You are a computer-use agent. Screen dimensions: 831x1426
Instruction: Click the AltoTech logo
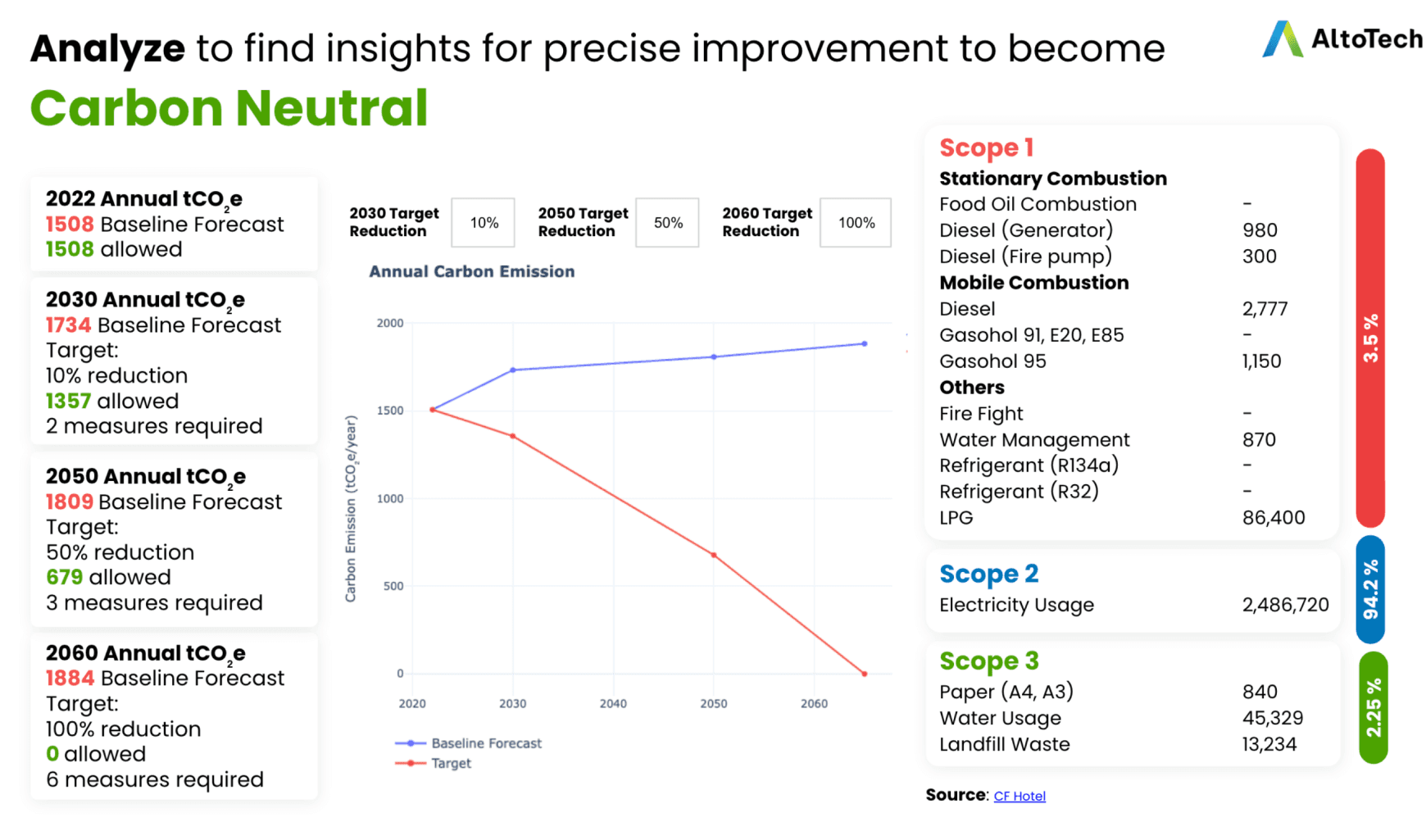[x=1342, y=39]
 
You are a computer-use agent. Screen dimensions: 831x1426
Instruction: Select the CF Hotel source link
[x=1019, y=796]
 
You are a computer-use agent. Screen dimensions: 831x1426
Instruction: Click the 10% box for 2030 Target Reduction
[x=484, y=223]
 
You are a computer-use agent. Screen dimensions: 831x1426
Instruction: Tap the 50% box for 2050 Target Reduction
[x=668, y=223]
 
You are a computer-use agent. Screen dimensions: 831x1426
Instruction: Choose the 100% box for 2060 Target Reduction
[x=856, y=223]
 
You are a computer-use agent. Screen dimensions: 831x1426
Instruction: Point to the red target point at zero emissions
[x=865, y=674]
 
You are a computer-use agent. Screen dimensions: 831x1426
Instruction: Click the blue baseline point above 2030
[x=513, y=370]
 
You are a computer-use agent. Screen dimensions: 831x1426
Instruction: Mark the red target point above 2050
[x=714, y=556]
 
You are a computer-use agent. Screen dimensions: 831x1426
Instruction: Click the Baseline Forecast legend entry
[x=485, y=743]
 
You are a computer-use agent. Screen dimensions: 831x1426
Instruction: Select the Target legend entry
[x=450, y=763]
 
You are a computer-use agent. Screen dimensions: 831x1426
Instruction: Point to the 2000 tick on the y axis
[x=390, y=323]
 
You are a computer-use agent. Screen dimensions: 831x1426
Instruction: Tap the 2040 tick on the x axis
[x=613, y=703]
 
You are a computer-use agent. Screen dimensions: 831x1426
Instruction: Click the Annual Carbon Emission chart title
[x=471, y=271]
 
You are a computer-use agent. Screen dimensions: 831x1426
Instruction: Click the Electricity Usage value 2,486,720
[x=1285, y=605]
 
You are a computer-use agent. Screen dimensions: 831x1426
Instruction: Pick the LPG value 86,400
[x=1273, y=517]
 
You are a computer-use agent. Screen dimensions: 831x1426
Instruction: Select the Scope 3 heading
[x=988, y=661]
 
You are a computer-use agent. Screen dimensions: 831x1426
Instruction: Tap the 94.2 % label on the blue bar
[x=1370, y=589]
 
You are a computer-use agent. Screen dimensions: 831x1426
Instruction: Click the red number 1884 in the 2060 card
[x=70, y=678]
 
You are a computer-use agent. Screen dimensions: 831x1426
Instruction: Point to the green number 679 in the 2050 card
[x=64, y=577]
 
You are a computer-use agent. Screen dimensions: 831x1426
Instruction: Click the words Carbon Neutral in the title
[x=229, y=108]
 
